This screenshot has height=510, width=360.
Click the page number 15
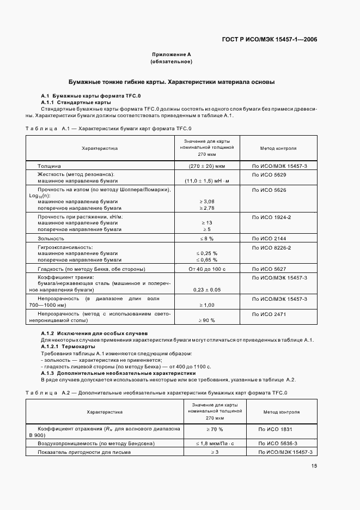tap(314, 466)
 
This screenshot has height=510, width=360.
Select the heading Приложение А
tap(172, 54)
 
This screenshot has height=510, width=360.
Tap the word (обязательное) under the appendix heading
tap(172, 62)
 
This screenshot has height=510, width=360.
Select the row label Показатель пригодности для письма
tap(84, 452)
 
